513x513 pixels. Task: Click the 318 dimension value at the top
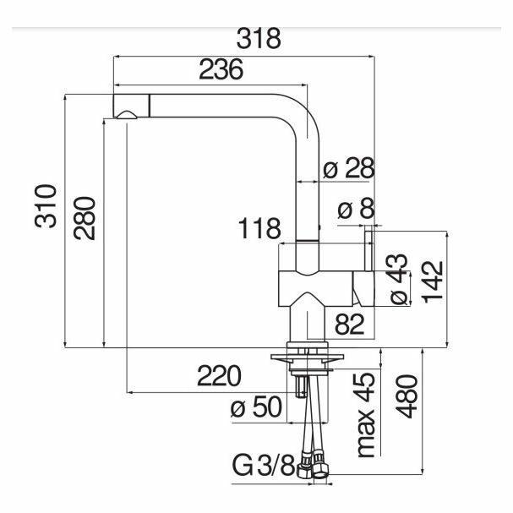[x=259, y=40]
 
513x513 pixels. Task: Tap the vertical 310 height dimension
[x=47, y=205]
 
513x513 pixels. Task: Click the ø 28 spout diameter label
[x=350, y=170]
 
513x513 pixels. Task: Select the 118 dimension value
[x=257, y=229]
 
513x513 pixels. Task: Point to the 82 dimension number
[x=349, y=322]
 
